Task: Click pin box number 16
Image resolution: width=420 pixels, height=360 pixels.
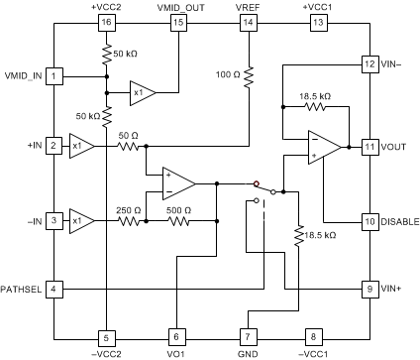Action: (106, 22)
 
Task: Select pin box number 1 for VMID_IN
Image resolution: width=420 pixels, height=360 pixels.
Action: (55, 75)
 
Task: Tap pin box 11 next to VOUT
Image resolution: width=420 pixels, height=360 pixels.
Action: (368, 147)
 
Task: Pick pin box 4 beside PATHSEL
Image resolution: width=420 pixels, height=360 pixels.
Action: (55, 289)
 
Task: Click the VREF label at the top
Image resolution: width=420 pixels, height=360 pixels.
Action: (248, 6)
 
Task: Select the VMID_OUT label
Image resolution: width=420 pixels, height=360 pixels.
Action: (177, 6)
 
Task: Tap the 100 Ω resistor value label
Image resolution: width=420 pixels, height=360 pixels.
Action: (228, 75)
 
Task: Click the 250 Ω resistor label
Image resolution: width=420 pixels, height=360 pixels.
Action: (130, 209)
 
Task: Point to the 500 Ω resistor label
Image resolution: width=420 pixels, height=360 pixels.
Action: (178, 209)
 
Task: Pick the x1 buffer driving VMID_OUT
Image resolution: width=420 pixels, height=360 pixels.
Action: (142, 93)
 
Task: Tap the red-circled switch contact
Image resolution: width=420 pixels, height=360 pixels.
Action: (256, 183)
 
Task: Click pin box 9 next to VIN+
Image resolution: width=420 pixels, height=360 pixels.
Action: (368, 289)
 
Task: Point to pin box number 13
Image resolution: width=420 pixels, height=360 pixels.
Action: (317, 22)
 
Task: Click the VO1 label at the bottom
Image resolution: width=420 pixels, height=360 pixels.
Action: (176, 351)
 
